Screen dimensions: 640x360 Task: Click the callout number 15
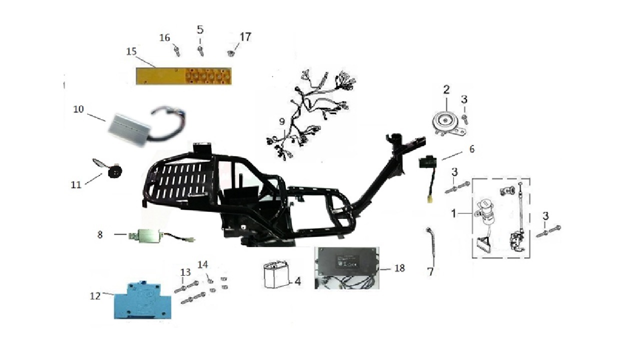tap(131, 51)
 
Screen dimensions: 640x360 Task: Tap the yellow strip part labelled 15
tap(183, 76)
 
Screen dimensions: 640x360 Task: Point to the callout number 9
tap(282, 122)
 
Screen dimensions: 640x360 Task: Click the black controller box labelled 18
tap(347, 267)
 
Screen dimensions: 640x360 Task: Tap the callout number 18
tap(399, 268)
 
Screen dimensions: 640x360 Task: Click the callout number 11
tap(76, 185)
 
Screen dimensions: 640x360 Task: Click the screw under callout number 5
tap(200, 51)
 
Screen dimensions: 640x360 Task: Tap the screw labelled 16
tap(177, 51)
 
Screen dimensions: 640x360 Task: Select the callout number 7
tap(430, 271)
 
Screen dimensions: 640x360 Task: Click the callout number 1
tap(453, 213)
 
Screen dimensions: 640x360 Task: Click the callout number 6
tap(472, 149)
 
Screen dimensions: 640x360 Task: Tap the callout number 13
tap(185, 272)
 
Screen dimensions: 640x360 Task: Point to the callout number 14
tap(203, 265)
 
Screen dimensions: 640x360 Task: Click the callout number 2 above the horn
tap(446, 90)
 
